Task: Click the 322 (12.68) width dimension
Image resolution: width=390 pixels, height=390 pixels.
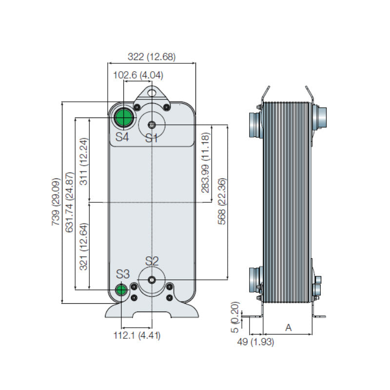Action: coord(151,57)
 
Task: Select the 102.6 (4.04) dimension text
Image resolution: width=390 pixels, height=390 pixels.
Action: coord(138,75)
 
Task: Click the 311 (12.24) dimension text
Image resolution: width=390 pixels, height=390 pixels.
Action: coord(83,161)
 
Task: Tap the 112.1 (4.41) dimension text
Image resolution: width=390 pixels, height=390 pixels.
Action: coord(136,335)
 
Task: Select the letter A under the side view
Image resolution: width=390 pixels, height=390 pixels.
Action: coord(288,328)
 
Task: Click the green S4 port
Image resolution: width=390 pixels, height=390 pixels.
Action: coord(123,118)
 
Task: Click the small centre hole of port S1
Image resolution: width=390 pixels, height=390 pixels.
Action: coord(152,125)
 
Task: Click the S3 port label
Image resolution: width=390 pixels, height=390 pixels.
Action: coord(122,273)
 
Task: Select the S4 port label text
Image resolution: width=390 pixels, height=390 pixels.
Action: coord(122,137)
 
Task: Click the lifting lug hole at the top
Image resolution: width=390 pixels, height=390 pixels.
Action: coord(152,91)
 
